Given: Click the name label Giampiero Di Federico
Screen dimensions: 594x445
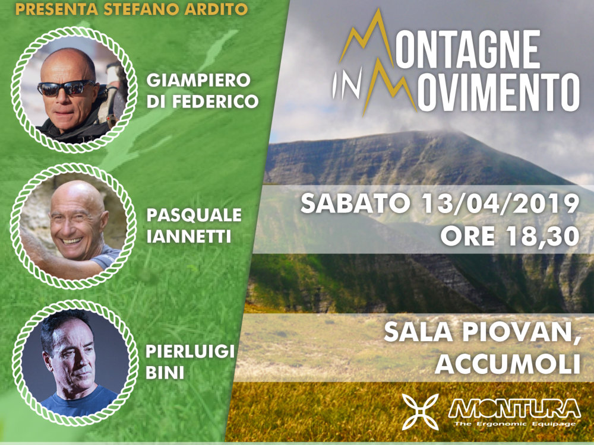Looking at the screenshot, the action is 203,91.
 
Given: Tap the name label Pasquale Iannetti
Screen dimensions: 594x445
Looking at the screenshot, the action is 194,225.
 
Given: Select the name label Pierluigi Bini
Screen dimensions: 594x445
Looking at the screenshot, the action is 190,362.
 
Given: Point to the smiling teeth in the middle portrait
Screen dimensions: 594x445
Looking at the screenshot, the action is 72,241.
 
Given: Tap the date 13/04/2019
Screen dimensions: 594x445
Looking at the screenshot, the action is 500,203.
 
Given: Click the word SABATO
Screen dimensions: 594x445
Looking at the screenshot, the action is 355,203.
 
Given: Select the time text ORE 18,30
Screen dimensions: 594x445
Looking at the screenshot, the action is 510,236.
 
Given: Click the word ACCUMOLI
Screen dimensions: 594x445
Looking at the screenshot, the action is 508,364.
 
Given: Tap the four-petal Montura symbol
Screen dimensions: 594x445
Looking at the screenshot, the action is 420,411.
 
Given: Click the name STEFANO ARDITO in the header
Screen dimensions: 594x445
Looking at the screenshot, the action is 175,9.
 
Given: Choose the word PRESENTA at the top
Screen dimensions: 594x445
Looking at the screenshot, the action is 56,9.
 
